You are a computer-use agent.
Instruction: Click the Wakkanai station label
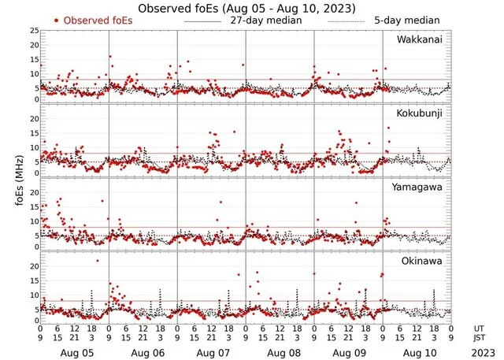pyautogui.click(x=418, y=40)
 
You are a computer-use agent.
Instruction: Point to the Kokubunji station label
pyautogui.click(x=419, y=113)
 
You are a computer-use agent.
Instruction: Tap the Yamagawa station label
pyautogui.click(x=418, y=187)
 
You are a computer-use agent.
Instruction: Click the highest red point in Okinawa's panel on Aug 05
pyautogui.click(x=98, y=260)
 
